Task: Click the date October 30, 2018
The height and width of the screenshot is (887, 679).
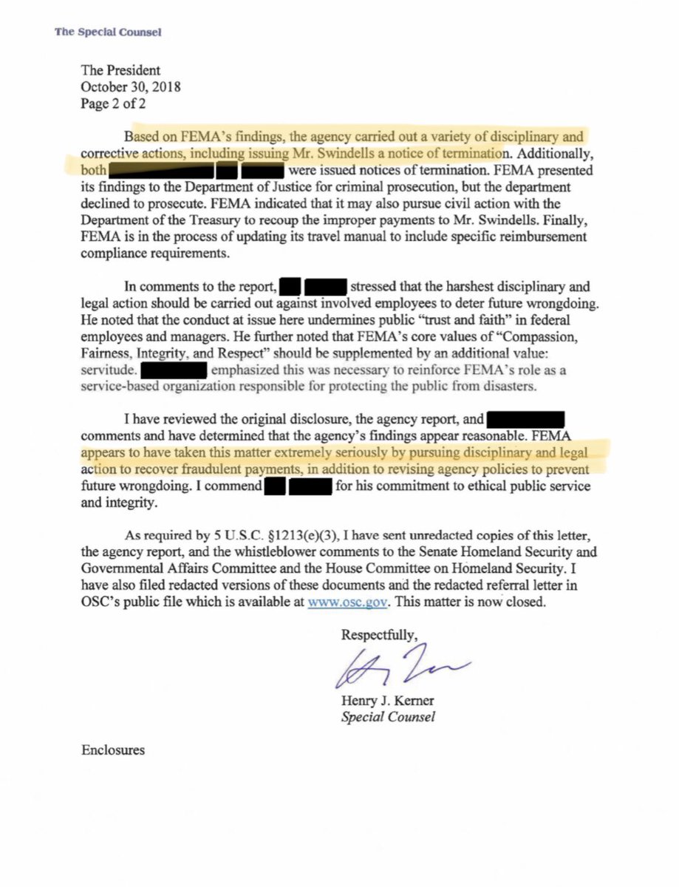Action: click(131, 87)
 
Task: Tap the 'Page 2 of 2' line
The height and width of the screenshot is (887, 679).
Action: click(113, 103)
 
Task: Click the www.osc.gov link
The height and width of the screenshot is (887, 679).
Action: click(347, 601)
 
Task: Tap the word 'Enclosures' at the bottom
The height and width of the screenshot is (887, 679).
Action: click(113, 750)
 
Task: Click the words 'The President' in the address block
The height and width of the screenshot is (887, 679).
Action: click(120, 71)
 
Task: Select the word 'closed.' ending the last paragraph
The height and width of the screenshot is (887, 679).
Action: click(526, 601)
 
